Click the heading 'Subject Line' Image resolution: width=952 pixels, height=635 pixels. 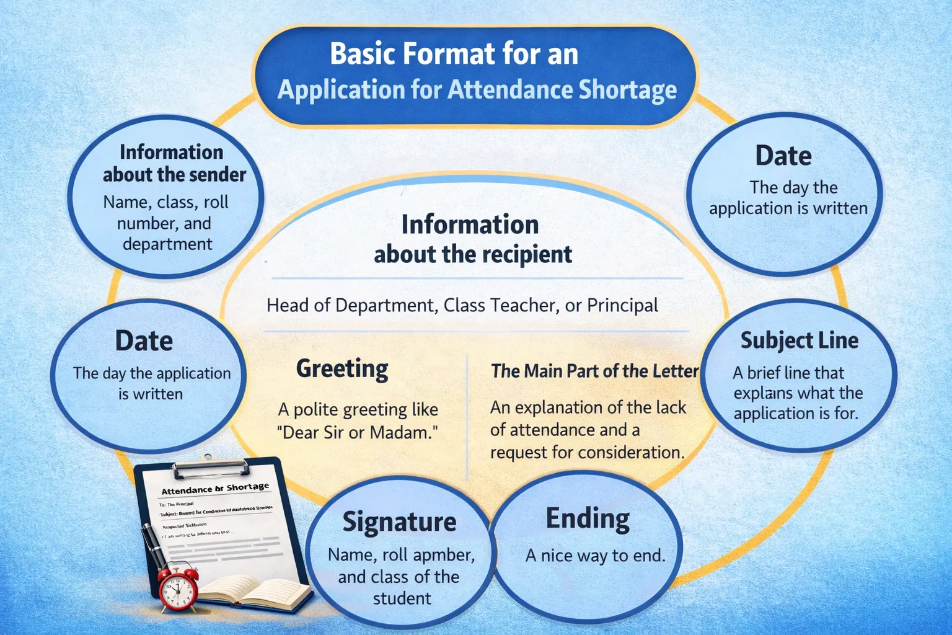click(800, 340)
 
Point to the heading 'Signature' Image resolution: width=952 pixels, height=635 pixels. click(400, 522)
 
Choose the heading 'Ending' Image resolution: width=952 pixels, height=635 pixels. click(588, 518)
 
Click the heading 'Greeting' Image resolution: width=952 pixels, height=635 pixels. click(342, 368)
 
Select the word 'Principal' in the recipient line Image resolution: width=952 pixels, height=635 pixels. click(622, 305)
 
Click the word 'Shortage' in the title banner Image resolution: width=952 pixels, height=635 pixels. click(627, 90)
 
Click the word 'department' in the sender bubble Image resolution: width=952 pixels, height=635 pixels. click(167, 244)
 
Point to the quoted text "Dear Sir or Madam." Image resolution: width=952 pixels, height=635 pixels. click(358, 432)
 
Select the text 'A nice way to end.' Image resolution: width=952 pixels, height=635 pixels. click(595, 556)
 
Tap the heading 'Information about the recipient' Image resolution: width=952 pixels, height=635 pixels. click(472, 239)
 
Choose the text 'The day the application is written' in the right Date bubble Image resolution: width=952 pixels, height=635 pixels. click(788, 198)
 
